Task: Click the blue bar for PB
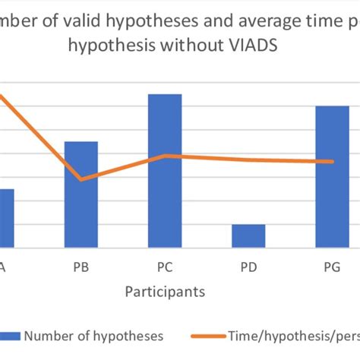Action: (81, 194)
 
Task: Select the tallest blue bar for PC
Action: (165, 170)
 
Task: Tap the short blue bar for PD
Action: (248, 235)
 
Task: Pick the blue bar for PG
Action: (332, 176)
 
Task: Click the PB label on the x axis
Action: (81, 267)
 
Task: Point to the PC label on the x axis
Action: (165, 267)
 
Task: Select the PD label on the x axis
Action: (248, 267)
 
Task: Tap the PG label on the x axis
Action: (332, 267)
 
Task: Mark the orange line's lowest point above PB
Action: (81, 179)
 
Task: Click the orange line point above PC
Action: (165, 156)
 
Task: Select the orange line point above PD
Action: (248, 159)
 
